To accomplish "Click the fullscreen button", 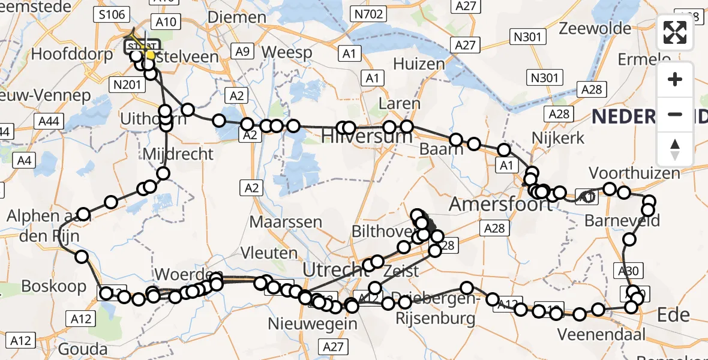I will click(675, 32).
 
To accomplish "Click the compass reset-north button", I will click(675, 149).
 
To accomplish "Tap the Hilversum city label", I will click(367, 137).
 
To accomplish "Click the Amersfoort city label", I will click(493, 204).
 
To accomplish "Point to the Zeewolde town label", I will click(595, 28).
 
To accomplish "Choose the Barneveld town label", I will click(622, 221).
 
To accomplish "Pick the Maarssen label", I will click(286, 221).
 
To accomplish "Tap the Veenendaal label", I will click(602, 334).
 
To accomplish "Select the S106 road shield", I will click(112, 14).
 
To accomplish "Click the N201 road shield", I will click(127, 85).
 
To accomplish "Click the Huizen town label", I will click(419, 64).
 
